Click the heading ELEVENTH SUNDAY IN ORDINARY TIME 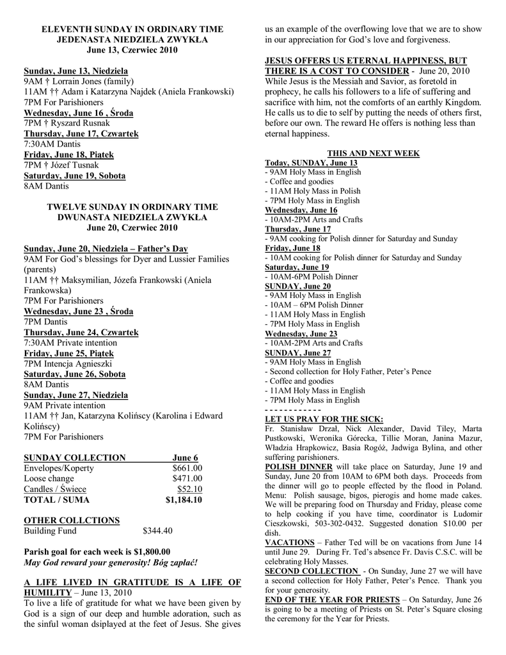point(132,29)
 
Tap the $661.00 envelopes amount point(187,468)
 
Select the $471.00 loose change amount point(187,478)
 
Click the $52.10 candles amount point(189,489)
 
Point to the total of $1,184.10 point(184,500)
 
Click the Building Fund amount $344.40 point(157,530)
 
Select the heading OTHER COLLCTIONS point(71,520)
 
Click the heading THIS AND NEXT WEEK point(374,153)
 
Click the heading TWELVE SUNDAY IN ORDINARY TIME point(132,207)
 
